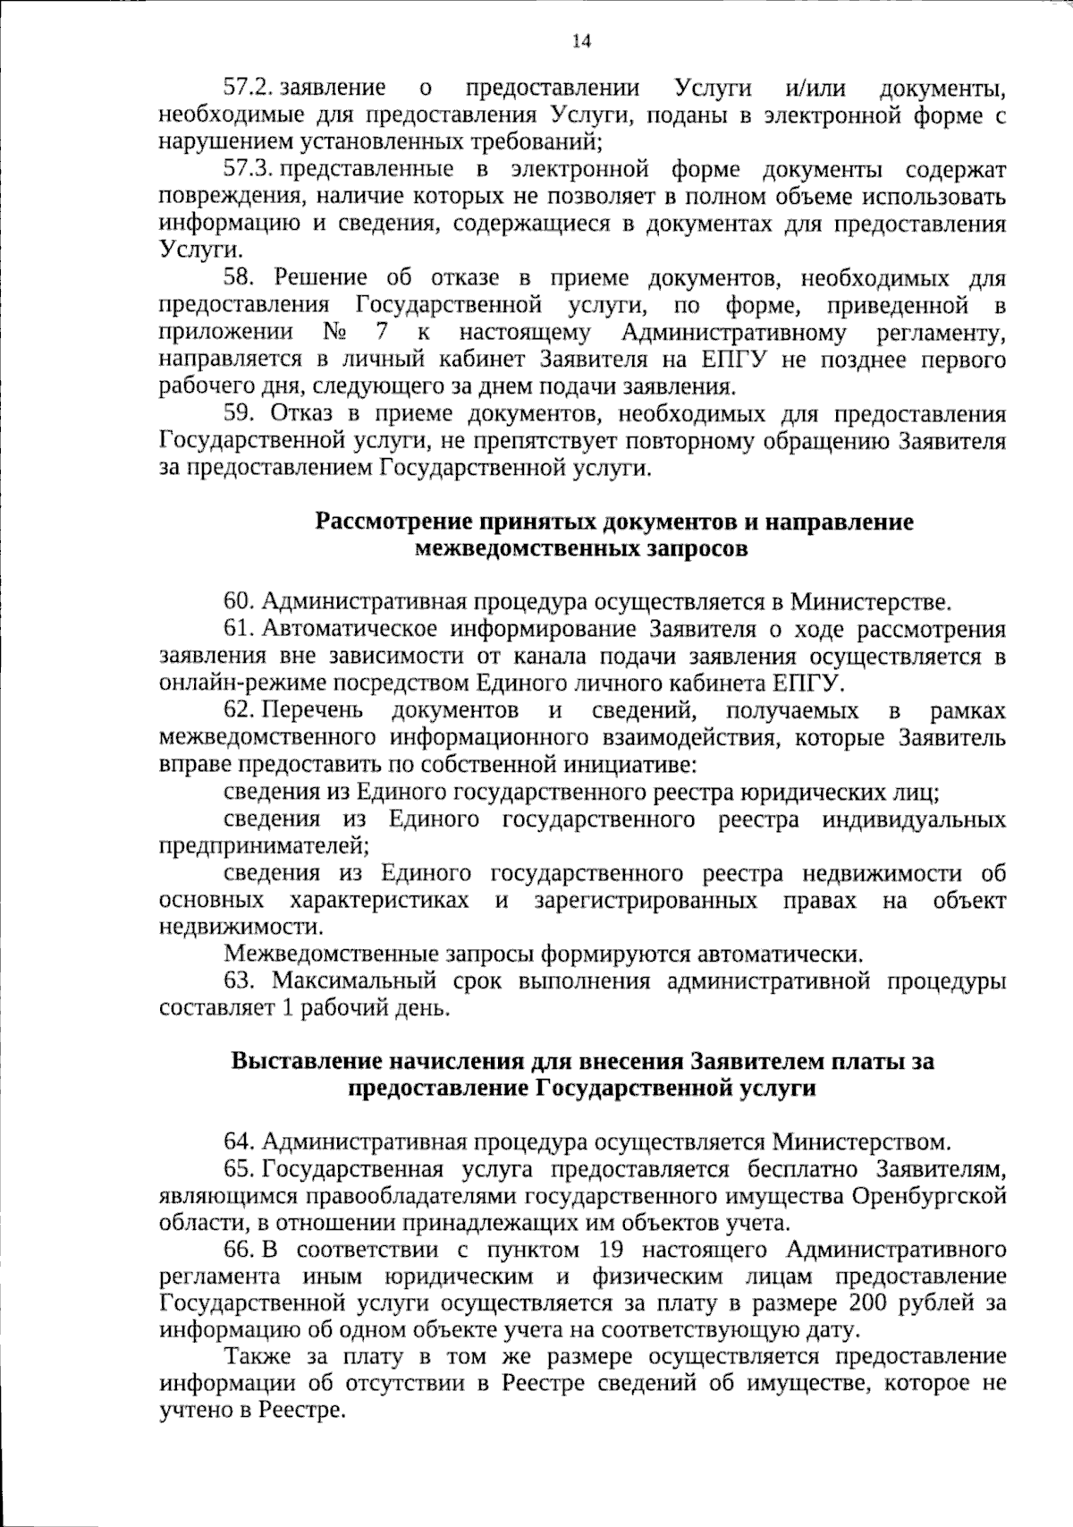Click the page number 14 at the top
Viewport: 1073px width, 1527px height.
pyautogui.click(x=581, y=40)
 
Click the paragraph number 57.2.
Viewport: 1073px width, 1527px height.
pyautogui.click(x=248, y=88)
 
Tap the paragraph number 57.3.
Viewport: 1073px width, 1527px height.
pyautogui.click(x=248, y=169)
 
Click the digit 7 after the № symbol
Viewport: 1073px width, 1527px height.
pyautogui.click(x=382, y=333)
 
